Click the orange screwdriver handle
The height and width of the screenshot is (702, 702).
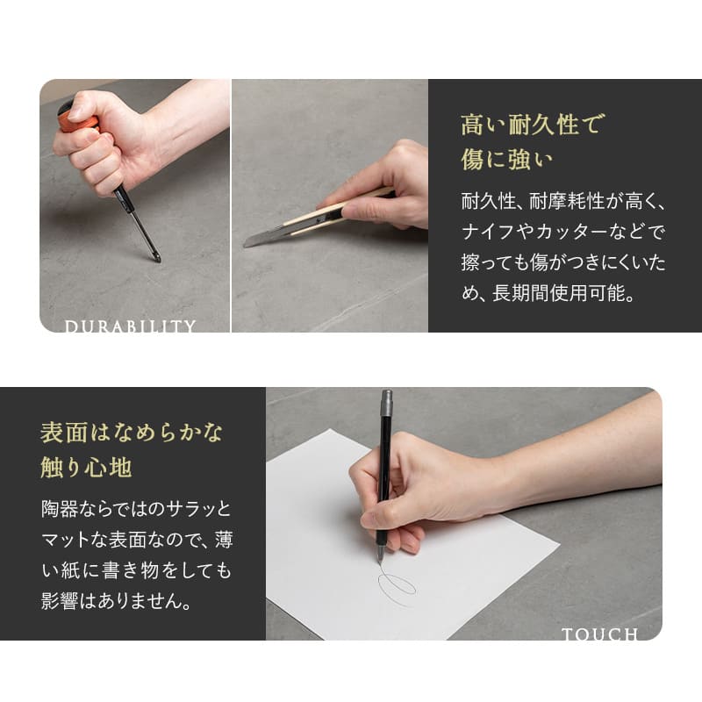pos(80,121)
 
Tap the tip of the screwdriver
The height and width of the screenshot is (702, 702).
pos(159,260)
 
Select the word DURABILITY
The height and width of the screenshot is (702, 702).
pos(130,326)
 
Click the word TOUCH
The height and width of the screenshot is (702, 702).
pos(600,634)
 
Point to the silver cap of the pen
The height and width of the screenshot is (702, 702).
pos(386,403)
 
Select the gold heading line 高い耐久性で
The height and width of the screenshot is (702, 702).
pos(533,124)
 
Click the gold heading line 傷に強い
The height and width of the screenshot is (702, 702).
pos(507,160)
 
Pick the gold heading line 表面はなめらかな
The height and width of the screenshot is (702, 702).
pos(131,433)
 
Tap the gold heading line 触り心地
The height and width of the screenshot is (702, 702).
pos(86,468)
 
